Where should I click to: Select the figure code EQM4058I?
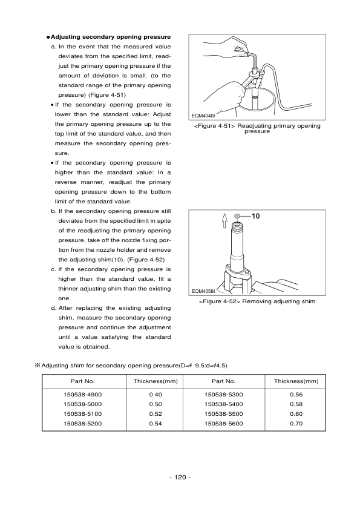click(x=204, y=290)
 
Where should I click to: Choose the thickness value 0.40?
click(x=155, y=394)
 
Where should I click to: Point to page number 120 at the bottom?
click(x=180, y=478)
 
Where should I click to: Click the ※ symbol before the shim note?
click(x=37, y=366)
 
